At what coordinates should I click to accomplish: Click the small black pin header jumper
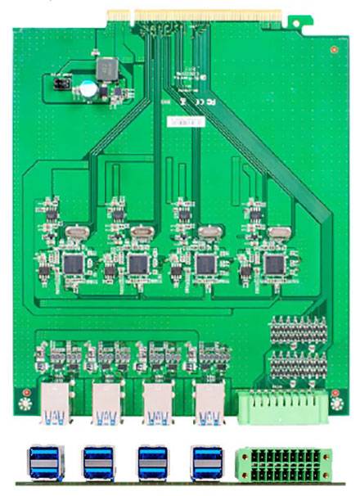pos(60,83)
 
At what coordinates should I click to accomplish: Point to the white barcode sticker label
pos(181,121)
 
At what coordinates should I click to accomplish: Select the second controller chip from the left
pos(138,264)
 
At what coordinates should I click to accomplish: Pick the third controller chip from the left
pos(205,264)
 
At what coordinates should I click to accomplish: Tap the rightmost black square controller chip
pos(273,264)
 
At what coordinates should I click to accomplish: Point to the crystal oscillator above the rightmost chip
pos(277,232)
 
